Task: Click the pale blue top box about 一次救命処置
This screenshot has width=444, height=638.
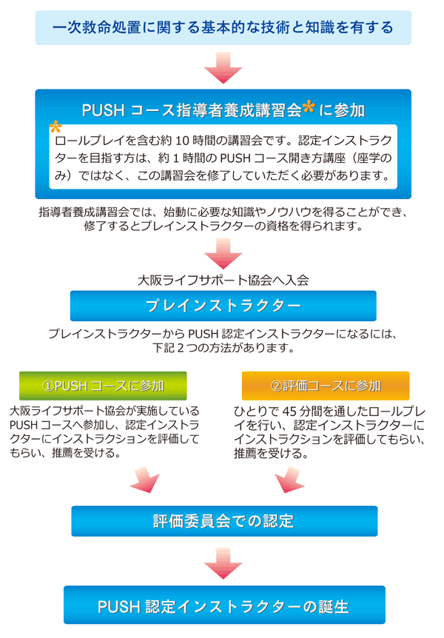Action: click(x=223, y=27)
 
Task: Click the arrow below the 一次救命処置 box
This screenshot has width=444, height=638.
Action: click(x=223, y=68)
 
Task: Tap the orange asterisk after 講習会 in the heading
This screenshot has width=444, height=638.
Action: click(x=309, y=107)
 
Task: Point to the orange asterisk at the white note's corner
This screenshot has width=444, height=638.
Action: click(x=55, y=127)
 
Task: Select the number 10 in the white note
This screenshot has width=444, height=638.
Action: click(x=182, y=141)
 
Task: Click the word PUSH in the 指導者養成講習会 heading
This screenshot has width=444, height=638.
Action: click(x=103, y=110)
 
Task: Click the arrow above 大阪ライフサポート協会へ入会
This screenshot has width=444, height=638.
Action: click(x=223, y=253)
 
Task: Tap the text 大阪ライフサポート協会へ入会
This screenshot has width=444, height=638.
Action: click(x=223, y=280)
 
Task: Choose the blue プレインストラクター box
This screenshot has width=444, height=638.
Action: click(x=223, y=306)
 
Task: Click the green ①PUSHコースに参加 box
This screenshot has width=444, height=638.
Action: click(x=103, y=386)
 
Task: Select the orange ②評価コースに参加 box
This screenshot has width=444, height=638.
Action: click(x=326, y=386)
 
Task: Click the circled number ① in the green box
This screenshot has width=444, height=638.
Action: click(x=48, y=386)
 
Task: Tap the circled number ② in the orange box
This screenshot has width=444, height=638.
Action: click(x=276, y=386)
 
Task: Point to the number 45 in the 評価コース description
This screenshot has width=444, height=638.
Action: click(x=289, y=412)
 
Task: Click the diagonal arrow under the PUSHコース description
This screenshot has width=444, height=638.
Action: click(x=144, y=480)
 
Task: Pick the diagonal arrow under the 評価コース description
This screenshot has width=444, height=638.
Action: click(x=290, y=480)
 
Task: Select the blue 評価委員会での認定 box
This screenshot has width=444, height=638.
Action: click(x=224, y=521)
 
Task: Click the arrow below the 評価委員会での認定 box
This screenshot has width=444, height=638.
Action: click(x=223, y=563)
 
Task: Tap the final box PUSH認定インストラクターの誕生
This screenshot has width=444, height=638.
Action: click(x=224, y=605)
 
